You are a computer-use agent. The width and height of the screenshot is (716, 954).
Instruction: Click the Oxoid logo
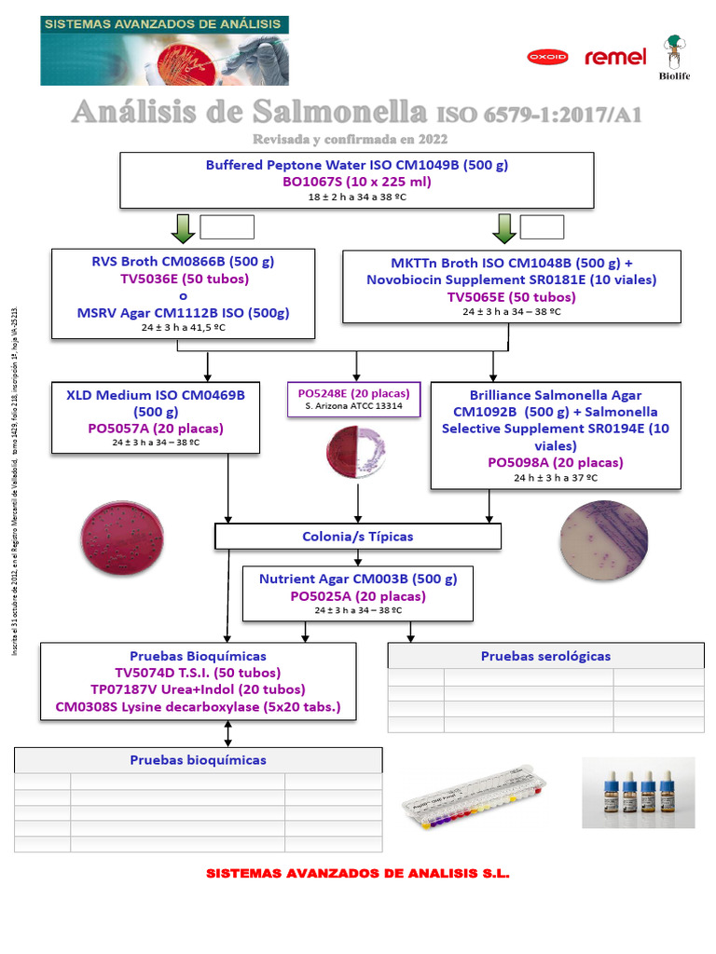coord(547,57)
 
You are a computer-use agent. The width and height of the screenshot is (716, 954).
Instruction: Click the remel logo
coord(615,58)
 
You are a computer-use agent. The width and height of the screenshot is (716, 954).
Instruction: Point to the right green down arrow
coord(504,227)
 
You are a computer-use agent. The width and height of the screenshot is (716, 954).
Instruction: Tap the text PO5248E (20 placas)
coord(353,393)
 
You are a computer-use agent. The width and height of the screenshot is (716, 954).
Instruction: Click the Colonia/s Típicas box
coord(358,537)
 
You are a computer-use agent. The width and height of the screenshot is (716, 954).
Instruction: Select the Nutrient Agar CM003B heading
coord(358,579)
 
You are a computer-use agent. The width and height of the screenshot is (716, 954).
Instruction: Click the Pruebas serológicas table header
coord(545,656)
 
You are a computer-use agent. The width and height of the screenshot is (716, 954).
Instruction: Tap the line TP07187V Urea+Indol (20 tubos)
coord(198,689)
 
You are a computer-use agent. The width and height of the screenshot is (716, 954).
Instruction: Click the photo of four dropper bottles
coord(638,792)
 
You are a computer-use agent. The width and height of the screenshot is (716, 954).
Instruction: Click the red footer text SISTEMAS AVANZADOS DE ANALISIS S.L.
coord(357,874)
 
